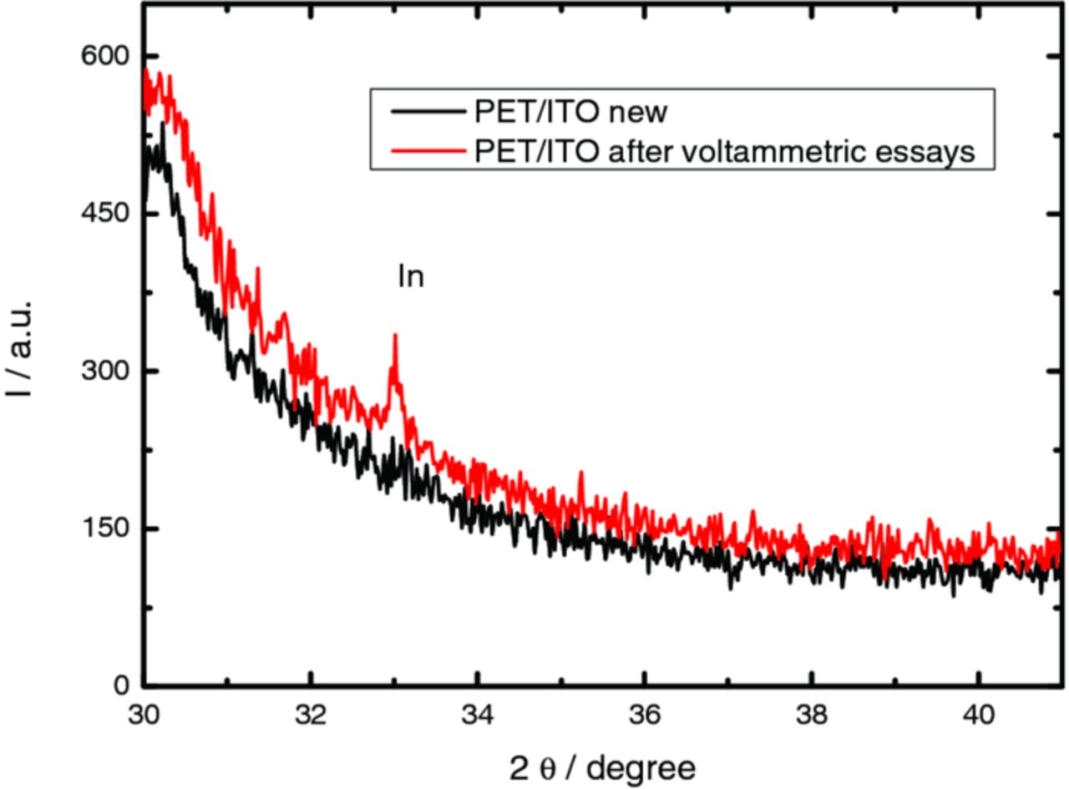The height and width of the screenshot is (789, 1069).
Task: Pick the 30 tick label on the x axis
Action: click(x=145, y=716)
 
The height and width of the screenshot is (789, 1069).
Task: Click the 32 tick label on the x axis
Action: click(x=312, y=716)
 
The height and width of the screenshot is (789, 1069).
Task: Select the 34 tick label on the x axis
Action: click(x=478, y=716)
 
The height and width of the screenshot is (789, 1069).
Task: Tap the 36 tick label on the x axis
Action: click(x=645, y=716)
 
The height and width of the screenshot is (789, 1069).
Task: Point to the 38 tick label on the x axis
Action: click(x=811, y=716)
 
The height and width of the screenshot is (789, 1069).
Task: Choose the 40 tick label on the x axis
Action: click(x=978, y=716)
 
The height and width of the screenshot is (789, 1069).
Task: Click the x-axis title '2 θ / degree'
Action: click(x=603, y=767)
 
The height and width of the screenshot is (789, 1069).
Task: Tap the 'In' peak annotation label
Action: click(x=411, y=277)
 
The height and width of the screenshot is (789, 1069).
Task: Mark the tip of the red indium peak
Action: click(x=395, y=335)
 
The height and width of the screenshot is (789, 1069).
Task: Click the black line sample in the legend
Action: click(x=422, y=111)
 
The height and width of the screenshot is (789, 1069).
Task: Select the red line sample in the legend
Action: click(x=422, y=149)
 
